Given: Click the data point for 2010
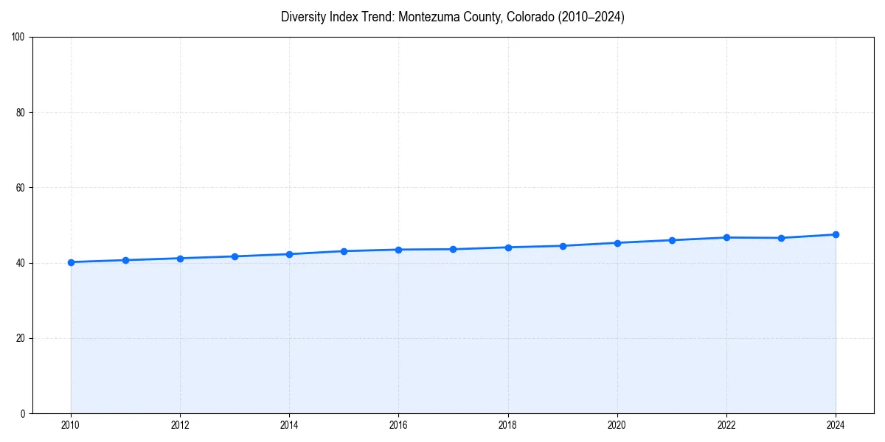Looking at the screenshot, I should pos(71,262).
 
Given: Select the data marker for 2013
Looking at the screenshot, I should pos(235,256).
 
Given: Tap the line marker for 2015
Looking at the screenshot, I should pos(344,251).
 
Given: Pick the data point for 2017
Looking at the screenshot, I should pos(453,249).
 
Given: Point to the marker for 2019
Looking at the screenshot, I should pos(563,246).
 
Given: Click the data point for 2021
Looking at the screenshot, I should pos(672,240).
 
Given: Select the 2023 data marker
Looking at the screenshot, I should pos(781,238).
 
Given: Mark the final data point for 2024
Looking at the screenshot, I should pos(836,234).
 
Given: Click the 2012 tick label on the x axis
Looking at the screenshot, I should pos(180,425).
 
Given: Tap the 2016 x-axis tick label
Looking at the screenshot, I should pos(398,425).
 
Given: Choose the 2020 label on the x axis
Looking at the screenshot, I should pos(617,425).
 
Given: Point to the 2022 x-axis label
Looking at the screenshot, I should pos(726,425).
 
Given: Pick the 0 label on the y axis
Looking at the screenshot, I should pos(24,413).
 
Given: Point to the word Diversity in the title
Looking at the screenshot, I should pos(302,17).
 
